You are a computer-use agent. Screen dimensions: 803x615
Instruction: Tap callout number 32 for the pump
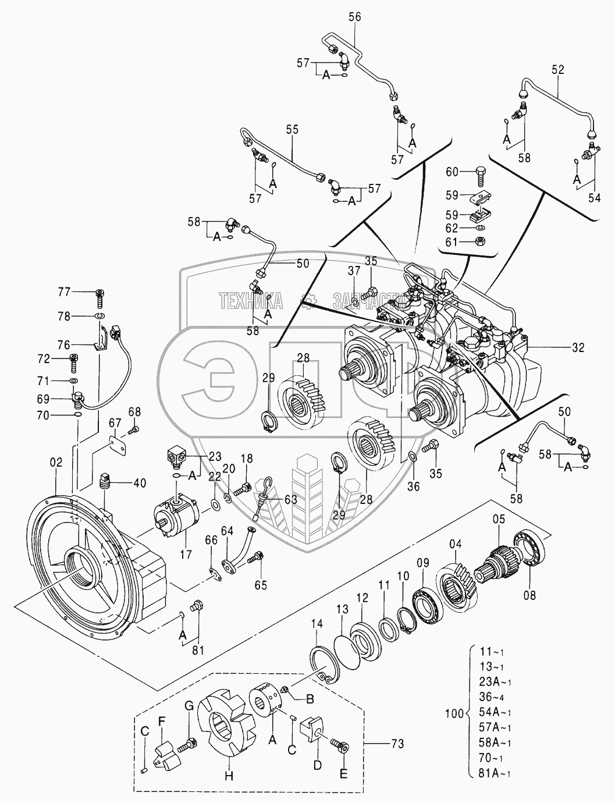578,348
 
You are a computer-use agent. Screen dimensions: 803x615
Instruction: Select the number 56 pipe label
354,17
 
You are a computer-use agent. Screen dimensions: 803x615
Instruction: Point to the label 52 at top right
557,69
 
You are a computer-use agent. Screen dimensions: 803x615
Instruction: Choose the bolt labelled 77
100,296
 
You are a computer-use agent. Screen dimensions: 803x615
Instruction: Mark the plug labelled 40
105,482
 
